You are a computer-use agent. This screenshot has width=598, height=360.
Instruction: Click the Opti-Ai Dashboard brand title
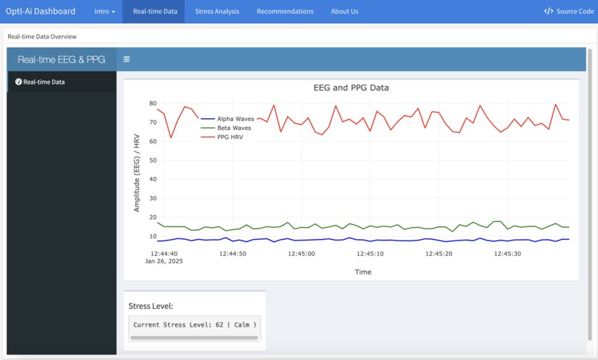click(41, 11)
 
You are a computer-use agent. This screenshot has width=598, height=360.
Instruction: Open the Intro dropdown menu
click(105, 11)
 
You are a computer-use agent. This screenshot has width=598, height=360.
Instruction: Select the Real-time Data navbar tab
click(154, 11)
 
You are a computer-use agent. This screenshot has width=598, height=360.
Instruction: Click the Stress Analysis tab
click(217, 11)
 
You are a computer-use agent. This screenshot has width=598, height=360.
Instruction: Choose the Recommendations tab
click(285, 11)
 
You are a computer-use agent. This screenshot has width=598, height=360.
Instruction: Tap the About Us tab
click(344, 11)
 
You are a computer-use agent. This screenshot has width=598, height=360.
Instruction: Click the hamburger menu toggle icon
click(127, 59)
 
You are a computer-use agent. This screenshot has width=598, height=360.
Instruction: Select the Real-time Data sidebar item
click(44, 82)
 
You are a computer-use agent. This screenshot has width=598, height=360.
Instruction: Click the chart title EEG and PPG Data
click(351, 88)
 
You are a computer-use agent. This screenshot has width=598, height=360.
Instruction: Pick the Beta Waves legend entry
click(234, 128)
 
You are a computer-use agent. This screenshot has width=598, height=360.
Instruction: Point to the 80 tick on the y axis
click(152, 103)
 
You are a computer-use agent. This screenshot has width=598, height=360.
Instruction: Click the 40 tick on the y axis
click(152, 180)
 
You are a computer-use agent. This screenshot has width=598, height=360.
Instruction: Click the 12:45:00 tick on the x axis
click(300, 253)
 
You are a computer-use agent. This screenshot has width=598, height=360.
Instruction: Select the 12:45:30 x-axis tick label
click(507, 253)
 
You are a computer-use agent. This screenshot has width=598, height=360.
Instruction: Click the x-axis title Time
click(363, 272)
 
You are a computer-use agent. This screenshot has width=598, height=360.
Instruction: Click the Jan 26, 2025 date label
click(164, 261)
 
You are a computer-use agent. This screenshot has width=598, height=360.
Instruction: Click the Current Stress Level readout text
click(194, 324)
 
